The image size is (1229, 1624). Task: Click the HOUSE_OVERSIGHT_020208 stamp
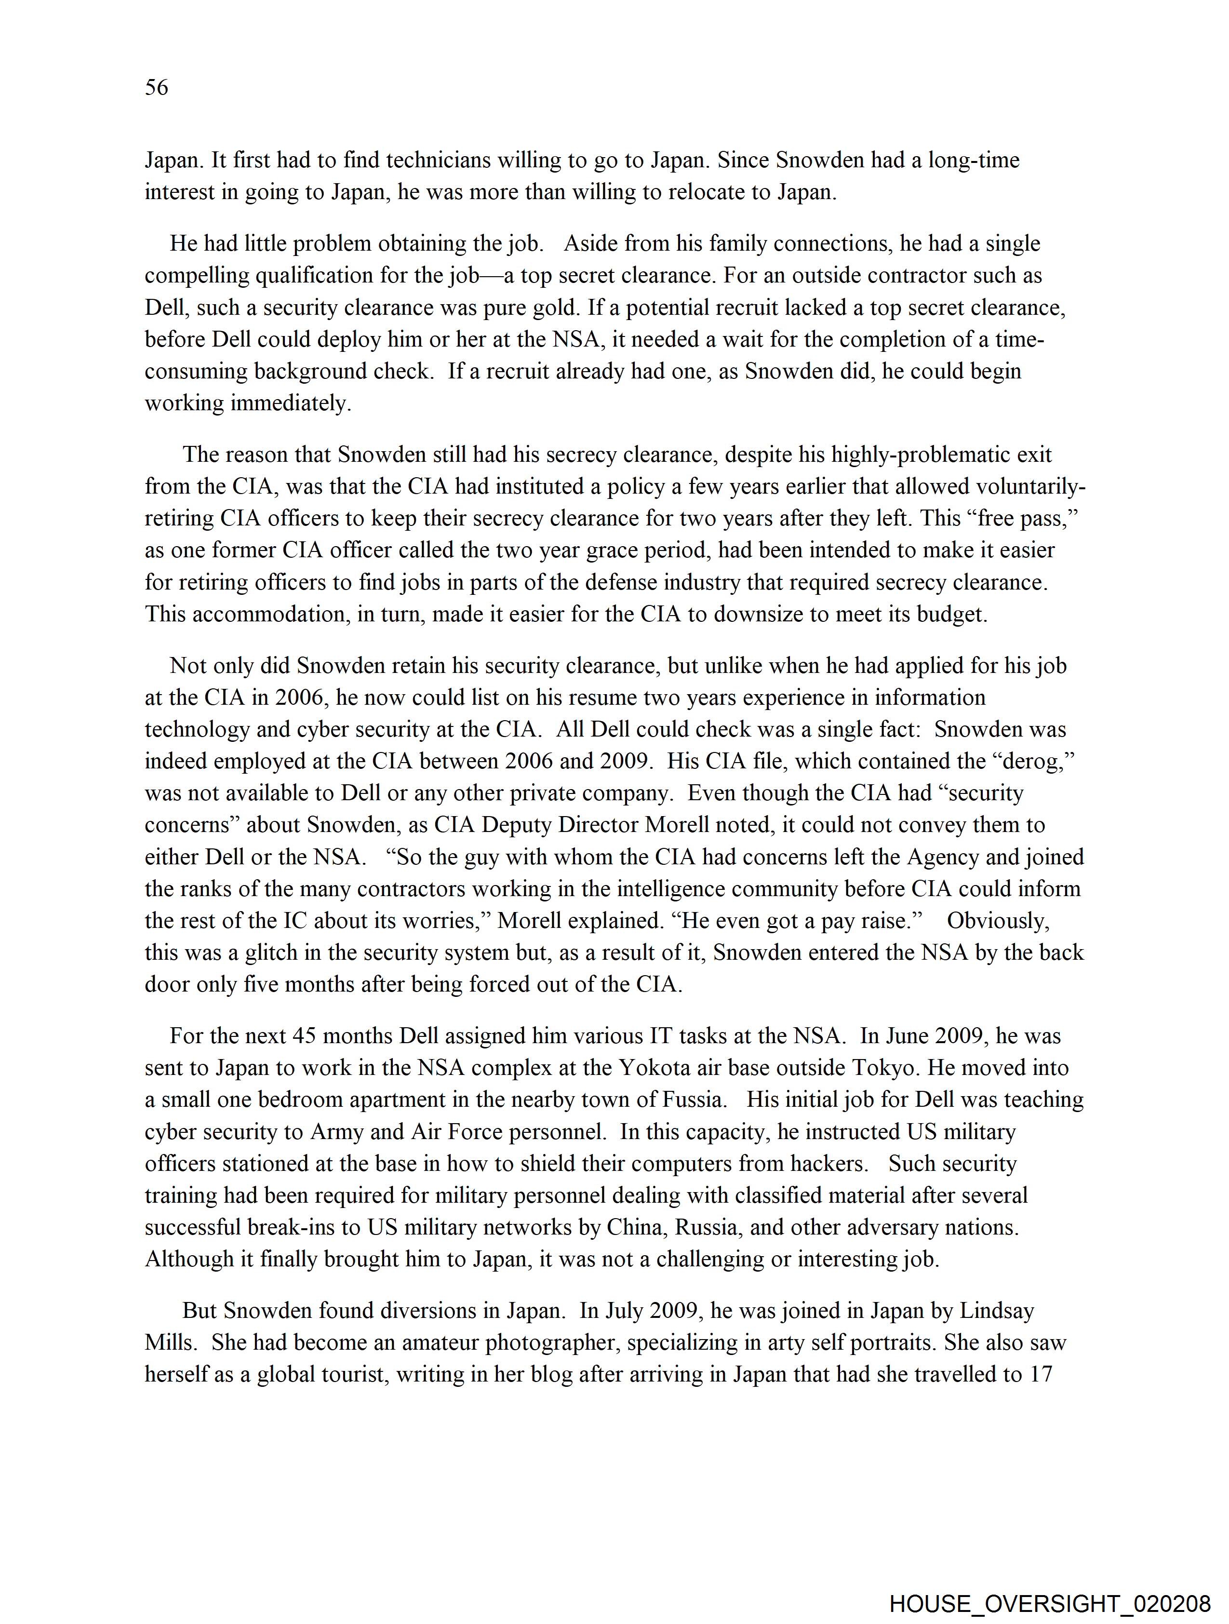pyautogui.click(x=1049, y=1604)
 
